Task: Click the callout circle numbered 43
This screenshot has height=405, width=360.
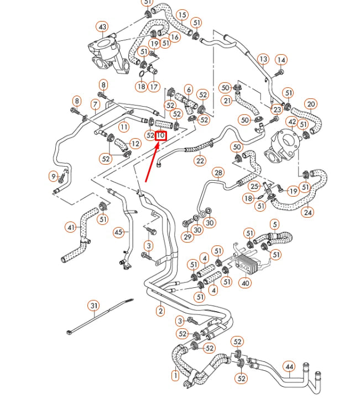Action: [x=102, y=27]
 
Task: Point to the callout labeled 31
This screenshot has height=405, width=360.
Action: [x=94, y=306]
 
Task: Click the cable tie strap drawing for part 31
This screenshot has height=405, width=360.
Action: [x=100, y=317]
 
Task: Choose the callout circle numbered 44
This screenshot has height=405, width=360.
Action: [x=289, y=366]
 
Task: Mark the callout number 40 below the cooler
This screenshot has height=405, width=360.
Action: [x=246, y=283]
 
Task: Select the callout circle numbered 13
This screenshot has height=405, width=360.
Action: [x=263, y=59]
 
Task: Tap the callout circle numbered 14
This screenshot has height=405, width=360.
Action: [x=281, y=60]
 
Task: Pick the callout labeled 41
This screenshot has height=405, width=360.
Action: [x=71, y=227]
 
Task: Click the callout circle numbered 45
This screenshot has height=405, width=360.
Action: [x=119, y=233]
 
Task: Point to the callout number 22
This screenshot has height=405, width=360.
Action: [x=200, y=161]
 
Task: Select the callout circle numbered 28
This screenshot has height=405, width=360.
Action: [x=218, y=173]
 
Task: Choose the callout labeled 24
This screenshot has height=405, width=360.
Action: [x=308, y=212]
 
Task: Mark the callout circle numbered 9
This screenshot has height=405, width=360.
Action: [x=54, y=176]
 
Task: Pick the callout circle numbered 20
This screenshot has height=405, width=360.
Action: [x=311, y=104]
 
